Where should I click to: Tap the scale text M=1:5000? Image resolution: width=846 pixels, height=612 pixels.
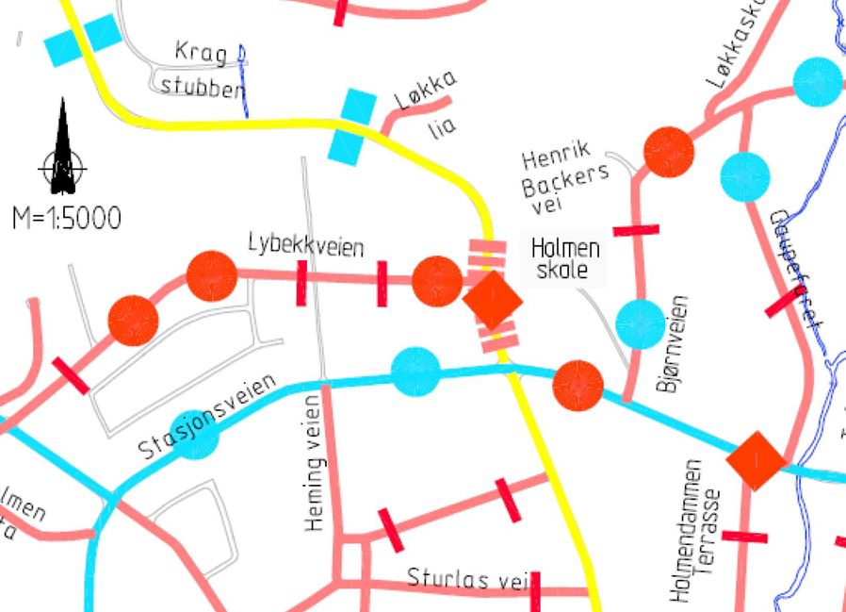click(67, 219)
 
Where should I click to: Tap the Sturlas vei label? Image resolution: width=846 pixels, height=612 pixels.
click(461, 577)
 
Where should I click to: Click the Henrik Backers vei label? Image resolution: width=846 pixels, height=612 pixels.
click(564, 175)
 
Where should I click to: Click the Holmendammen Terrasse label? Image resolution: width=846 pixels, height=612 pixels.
click(702, 533)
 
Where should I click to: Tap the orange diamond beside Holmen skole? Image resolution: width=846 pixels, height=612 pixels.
click(492, 300)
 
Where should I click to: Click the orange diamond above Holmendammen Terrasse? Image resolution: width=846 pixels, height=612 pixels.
click(756, 459)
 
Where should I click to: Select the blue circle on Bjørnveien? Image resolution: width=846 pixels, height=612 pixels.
click(640, 323)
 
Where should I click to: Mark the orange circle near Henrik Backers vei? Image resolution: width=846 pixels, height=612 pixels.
click(669, 150)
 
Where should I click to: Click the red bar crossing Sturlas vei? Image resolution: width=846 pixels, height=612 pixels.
click(535, 590)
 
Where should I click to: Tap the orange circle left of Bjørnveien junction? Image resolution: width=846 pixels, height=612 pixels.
click(578, 386)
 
